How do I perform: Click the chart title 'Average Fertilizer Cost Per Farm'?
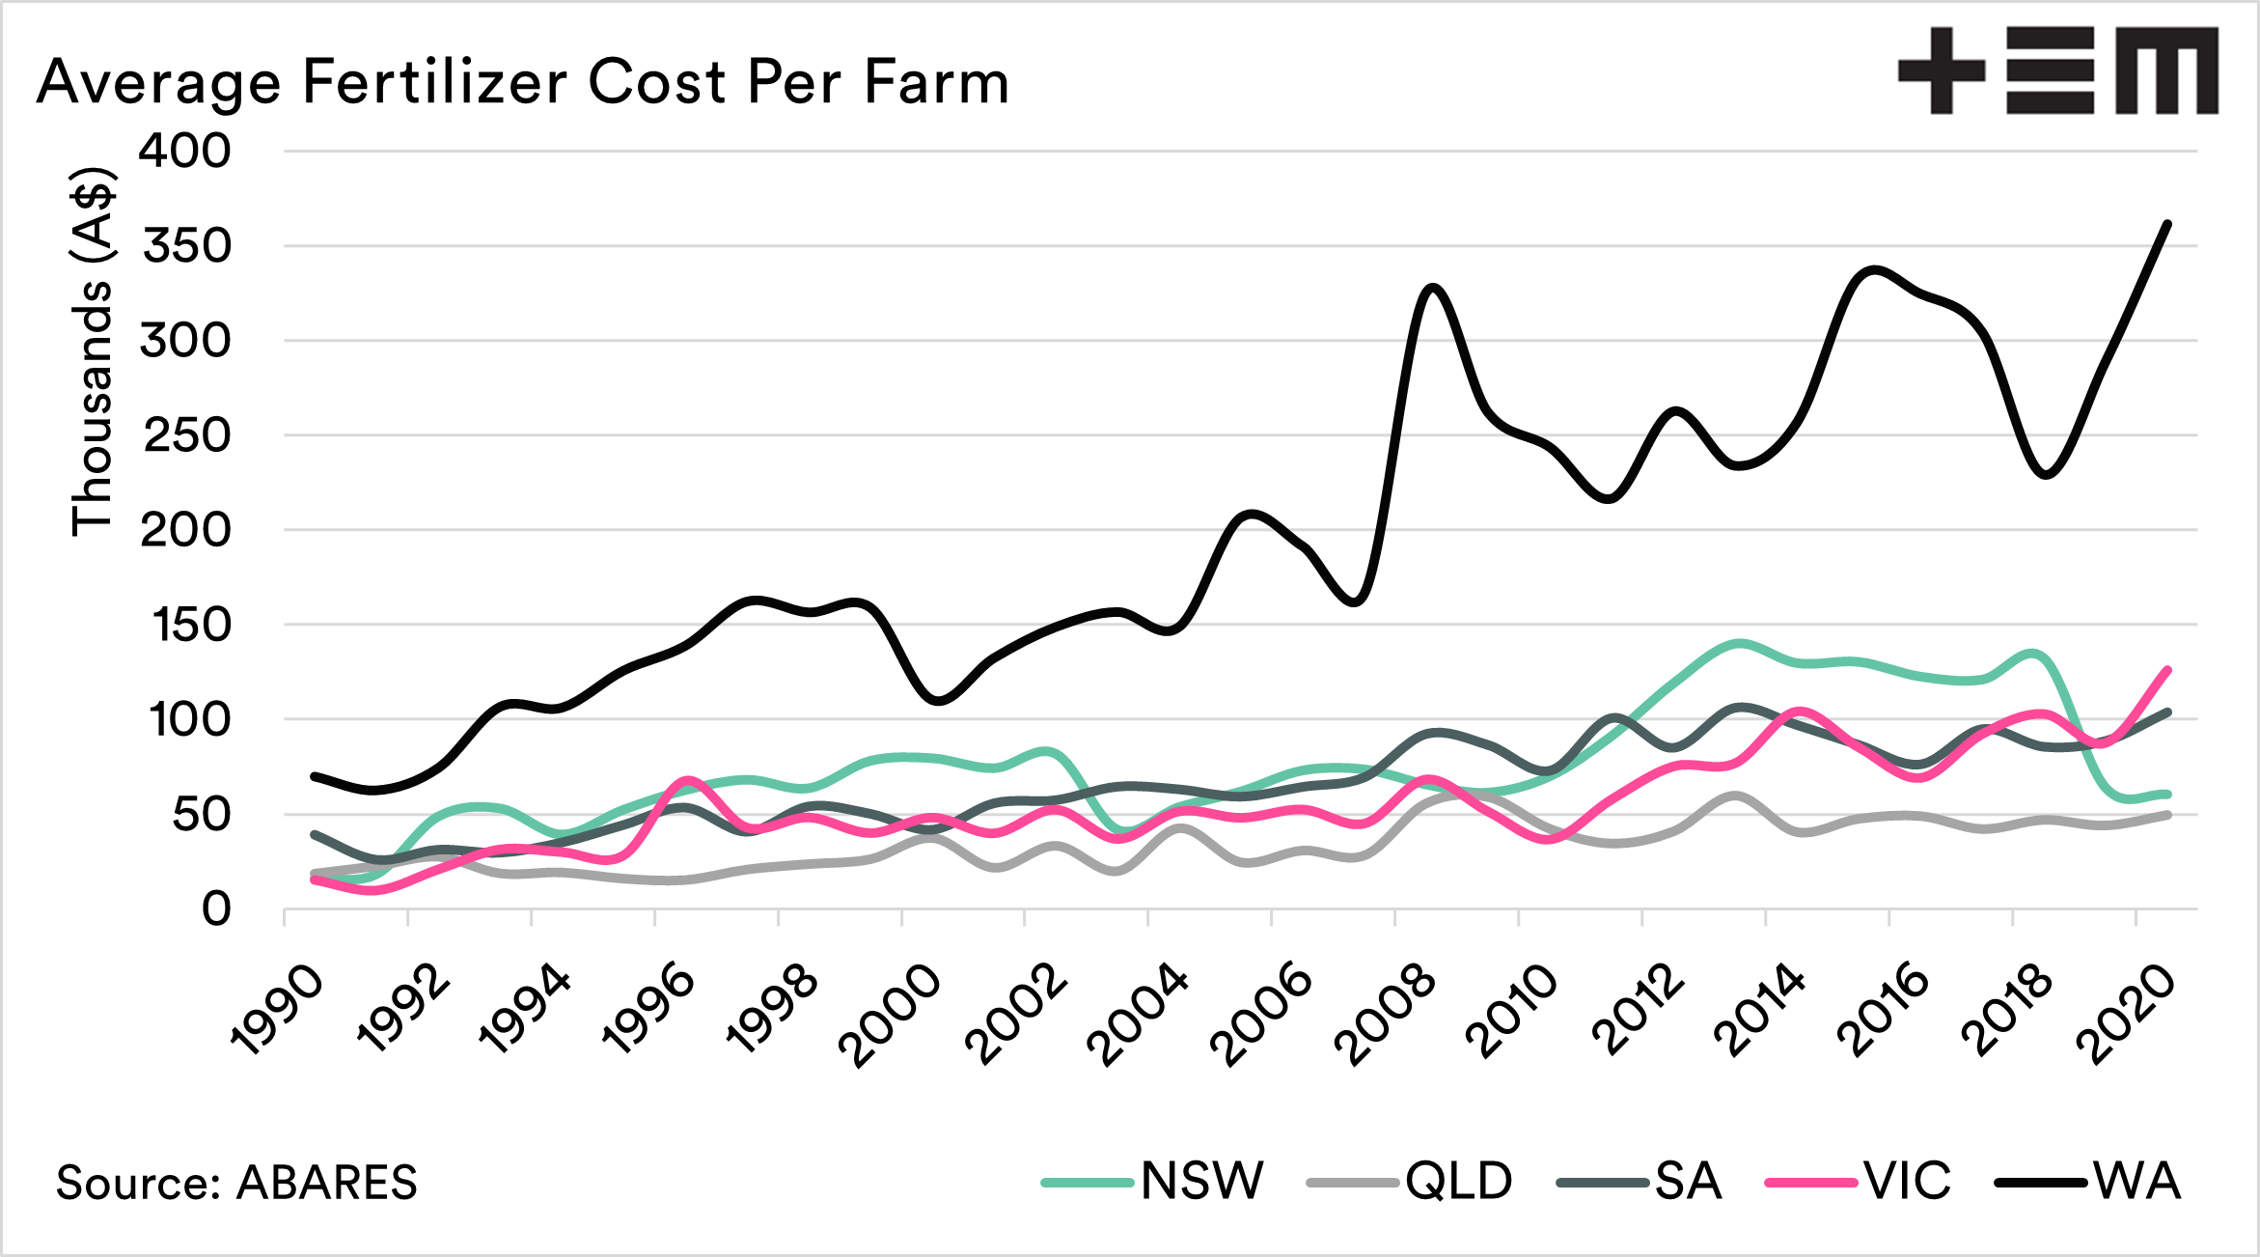click(x=522, y=82)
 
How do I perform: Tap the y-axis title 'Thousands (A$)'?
click(x=93, y=351)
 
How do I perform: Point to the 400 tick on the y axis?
click(x=185, y=152)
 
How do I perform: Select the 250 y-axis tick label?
click(x=187, y=435)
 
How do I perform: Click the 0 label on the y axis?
click(x=216, y=909)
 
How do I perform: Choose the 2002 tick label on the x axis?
click(x=1017, y=1016)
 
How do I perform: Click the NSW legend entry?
click(x=1201, y=1181)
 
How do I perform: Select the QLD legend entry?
click(x=1458, y=1181)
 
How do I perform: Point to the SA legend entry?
click(x=1688, y=1181)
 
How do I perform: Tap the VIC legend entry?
click(x=1907, y=1181)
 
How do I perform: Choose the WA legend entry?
click(x=2136, y=1181)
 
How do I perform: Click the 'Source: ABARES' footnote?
click(x=236, y=1183)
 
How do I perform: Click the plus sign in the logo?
click(x=1941, y=70)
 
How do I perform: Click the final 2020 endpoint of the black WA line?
click(x=2168, y=224)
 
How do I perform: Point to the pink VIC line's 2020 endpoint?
click(x=2168, y=670)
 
